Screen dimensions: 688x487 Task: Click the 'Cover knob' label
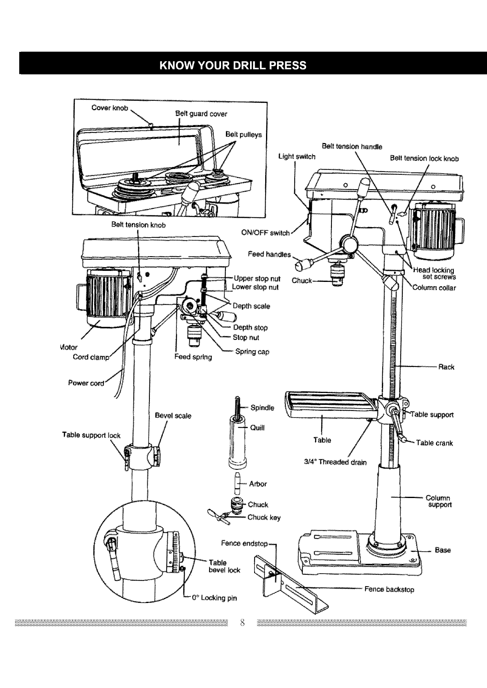click(x=110, y=108)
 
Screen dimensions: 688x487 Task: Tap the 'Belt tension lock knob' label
click(x=424, y=159)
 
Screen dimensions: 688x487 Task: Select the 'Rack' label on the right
click(x=446, y=367)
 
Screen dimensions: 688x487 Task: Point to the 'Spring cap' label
click(x=252, y=351)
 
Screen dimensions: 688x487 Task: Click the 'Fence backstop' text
click(x=389, y=589)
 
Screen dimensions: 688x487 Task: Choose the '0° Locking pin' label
click(x=214, y=598)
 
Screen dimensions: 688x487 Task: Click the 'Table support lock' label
click(x=91, y=435)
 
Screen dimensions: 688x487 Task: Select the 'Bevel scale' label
click(x=173, y=415)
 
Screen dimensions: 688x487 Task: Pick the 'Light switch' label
click(x=297, y=156)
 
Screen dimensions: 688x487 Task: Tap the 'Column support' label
click(x=439, y=501)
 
